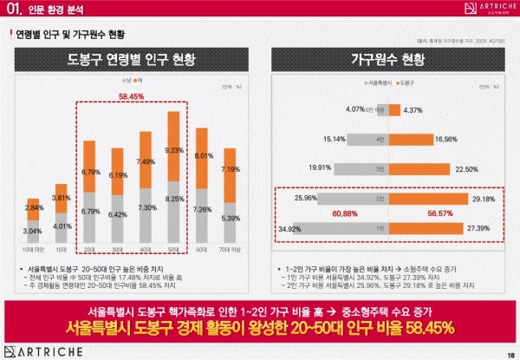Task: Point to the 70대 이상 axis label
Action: (231, 251)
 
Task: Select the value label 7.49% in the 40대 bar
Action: (146, 161)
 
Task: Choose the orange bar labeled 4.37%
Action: (393, 110)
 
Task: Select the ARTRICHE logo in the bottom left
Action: (39, 350)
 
